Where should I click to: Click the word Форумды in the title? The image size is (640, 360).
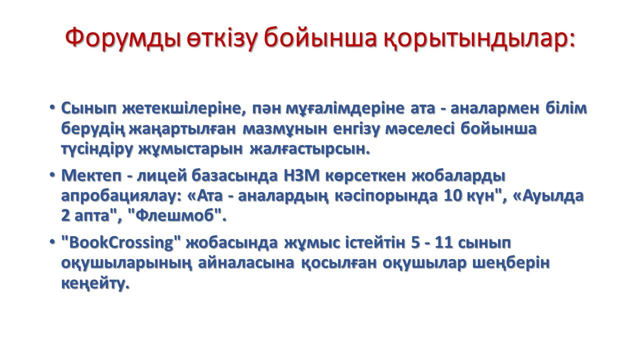pyautogui.click(x=123, y=38)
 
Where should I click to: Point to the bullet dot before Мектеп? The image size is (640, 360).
pyautogui.click(x=52, y=175)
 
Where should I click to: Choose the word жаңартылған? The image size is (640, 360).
pyautogui.click(x=182, y=129)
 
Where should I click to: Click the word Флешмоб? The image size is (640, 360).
pyautogui.click(x=175, y=215)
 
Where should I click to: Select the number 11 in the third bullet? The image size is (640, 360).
pyautogui.click(x=444, y=243)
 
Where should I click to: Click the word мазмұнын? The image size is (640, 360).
pyautogui.click(x=285, y=129)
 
